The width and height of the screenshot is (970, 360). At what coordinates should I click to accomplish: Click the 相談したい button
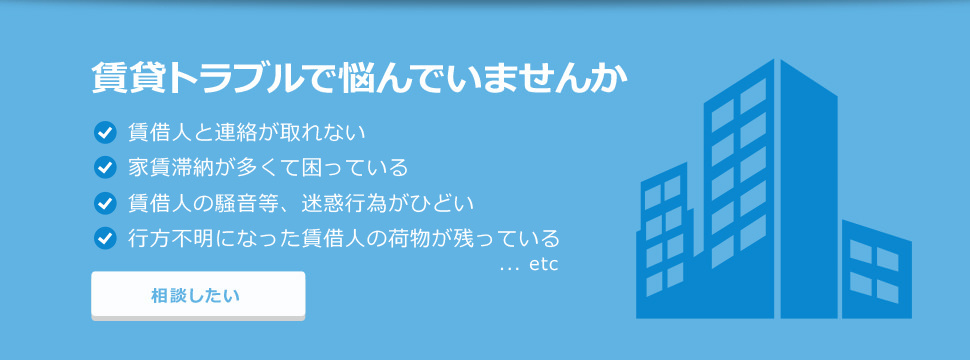point(197,295)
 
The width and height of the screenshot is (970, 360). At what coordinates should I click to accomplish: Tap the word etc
point(542,265)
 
